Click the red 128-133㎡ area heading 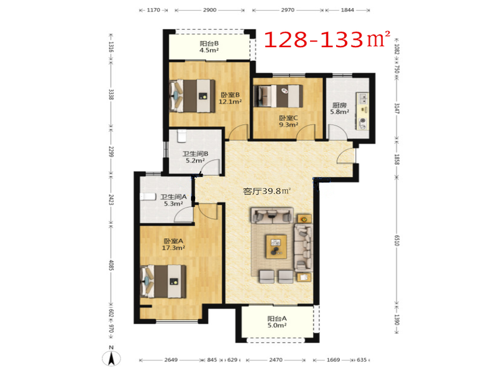327,39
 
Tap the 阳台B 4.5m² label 209,47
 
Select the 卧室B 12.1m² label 230,98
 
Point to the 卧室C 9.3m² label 288,121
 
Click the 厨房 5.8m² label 339,108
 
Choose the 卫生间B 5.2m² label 195,157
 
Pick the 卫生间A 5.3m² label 173,200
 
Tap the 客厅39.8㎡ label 267,191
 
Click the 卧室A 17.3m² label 173,244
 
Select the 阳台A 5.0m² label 277,321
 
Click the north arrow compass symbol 111,357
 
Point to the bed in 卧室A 163,282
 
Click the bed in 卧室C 278,96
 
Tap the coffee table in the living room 276,246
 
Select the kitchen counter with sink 362,111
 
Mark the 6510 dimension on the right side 397,240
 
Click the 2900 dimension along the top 209,10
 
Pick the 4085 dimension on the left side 111,265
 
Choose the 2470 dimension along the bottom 276,360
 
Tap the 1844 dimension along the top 347,10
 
